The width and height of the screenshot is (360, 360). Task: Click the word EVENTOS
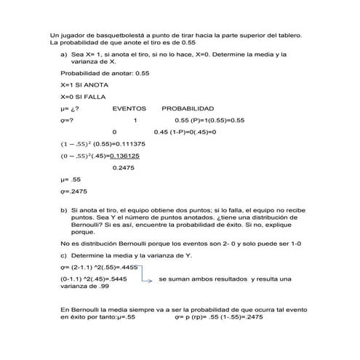coord(129,108)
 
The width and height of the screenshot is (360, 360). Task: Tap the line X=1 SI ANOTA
coord(84,85)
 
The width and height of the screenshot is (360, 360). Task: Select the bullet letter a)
coord(64,55)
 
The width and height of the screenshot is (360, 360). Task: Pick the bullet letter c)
coord(64,255)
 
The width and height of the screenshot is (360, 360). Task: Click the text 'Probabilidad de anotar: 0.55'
coord(105,73)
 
